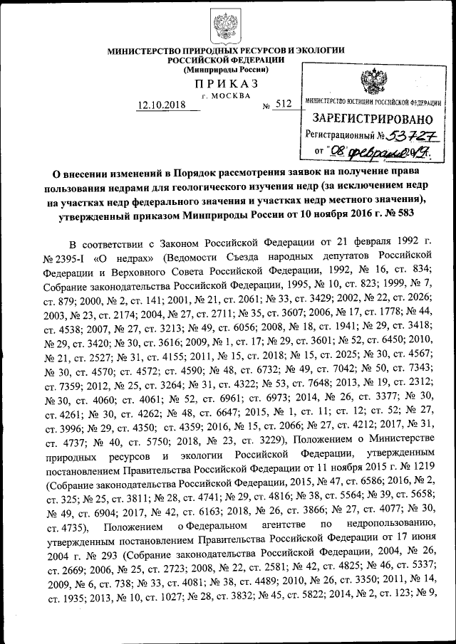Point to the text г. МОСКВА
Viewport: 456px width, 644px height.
point(226,95)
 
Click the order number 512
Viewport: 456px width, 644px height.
point(284,105)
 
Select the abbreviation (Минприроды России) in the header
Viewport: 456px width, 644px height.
point(226,70)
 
